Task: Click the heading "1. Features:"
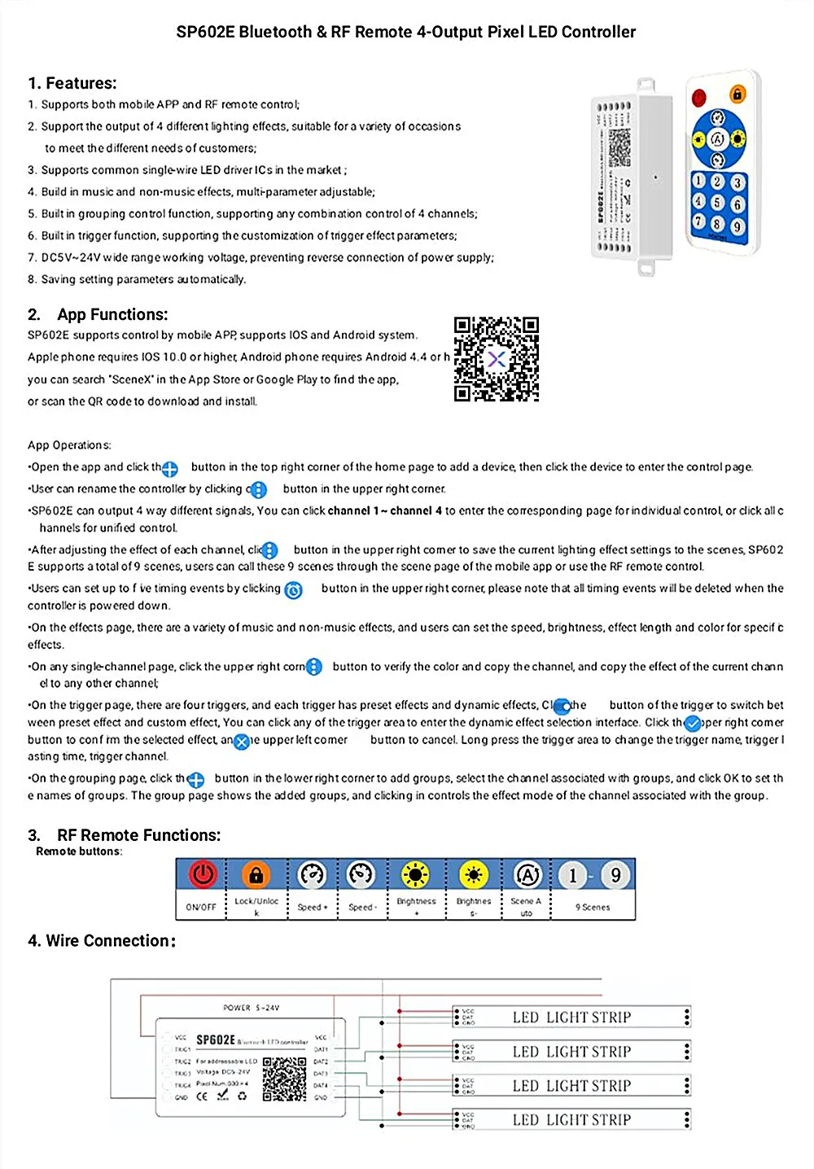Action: pos(72,83)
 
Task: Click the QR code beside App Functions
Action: pos(497,359)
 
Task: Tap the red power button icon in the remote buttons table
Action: pos(202,874)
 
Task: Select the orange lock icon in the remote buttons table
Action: pos(256,874)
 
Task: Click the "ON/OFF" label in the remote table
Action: pos(201,907)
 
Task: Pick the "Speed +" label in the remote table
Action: pos(312,907)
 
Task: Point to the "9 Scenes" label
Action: pos(593,907)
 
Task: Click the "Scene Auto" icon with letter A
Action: pos(527,874)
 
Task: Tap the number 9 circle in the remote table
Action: pos(615,875)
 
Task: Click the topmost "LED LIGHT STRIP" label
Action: pos(571,1017)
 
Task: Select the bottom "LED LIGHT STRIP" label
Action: pos(571,1120)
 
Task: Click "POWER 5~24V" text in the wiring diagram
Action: pos(251,1008)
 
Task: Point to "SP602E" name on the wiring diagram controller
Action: pos(216,1040)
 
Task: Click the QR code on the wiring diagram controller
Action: pos(284,1079)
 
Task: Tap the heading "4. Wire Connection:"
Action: pos(102,941)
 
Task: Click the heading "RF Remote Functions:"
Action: pos(138,835)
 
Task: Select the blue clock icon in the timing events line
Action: pos(294,590)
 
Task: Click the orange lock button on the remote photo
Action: pos(737,94)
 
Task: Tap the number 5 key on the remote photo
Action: pos(717,202)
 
